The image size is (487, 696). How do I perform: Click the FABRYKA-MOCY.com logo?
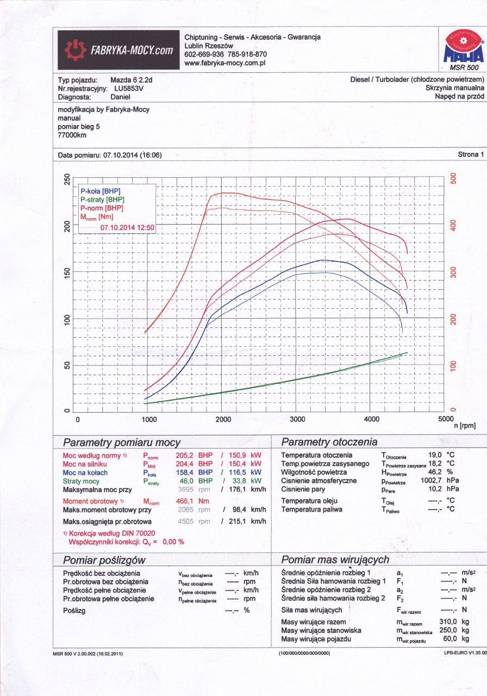pyautogui.click(x=119, y=51)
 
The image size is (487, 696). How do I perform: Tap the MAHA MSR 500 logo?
pyautogui.click(x=463, y=50)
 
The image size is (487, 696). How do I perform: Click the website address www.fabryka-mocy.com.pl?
pyautogui.click(x=224, y=63)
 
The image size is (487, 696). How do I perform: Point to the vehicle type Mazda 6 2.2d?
pyautogui.click(x=131, y=80)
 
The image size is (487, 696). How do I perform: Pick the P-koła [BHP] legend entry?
pyautogui.click(x=100, y=191)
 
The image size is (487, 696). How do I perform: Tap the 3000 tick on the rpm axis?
pyautogui.click(x=297, y=420)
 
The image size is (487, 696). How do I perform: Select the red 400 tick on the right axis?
pyautogui.click(x=453, y=226)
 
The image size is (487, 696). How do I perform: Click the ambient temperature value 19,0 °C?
pyautogui.click(x=442, y=455)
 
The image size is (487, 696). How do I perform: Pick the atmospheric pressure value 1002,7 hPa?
pyautogui.click(x=440, y=481)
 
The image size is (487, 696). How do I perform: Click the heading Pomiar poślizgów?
pyautogui.click(x=104, y=560)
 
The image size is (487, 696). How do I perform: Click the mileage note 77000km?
pyautogui.click(x=72, y=135)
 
